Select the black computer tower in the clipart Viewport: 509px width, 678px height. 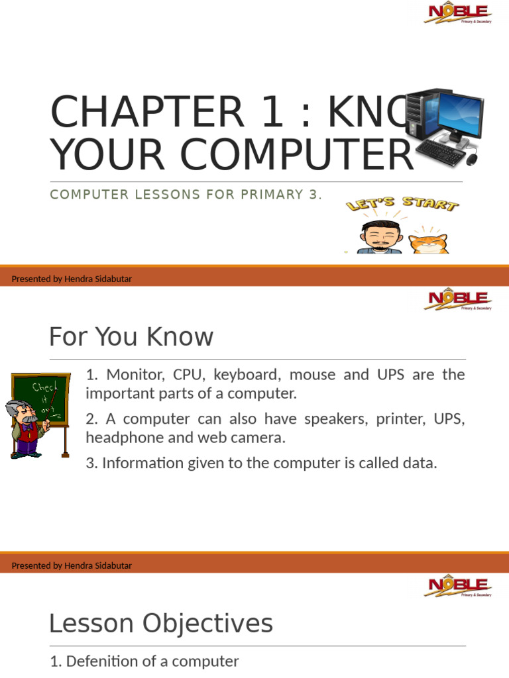pos(420,113)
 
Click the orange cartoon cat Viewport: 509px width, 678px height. pos(428,239)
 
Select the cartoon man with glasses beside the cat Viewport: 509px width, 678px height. pos(380,238)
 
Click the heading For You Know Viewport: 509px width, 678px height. pos(131,337)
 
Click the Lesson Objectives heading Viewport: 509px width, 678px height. pos(161,623)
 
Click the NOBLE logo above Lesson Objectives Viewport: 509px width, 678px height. pos(457,587)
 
